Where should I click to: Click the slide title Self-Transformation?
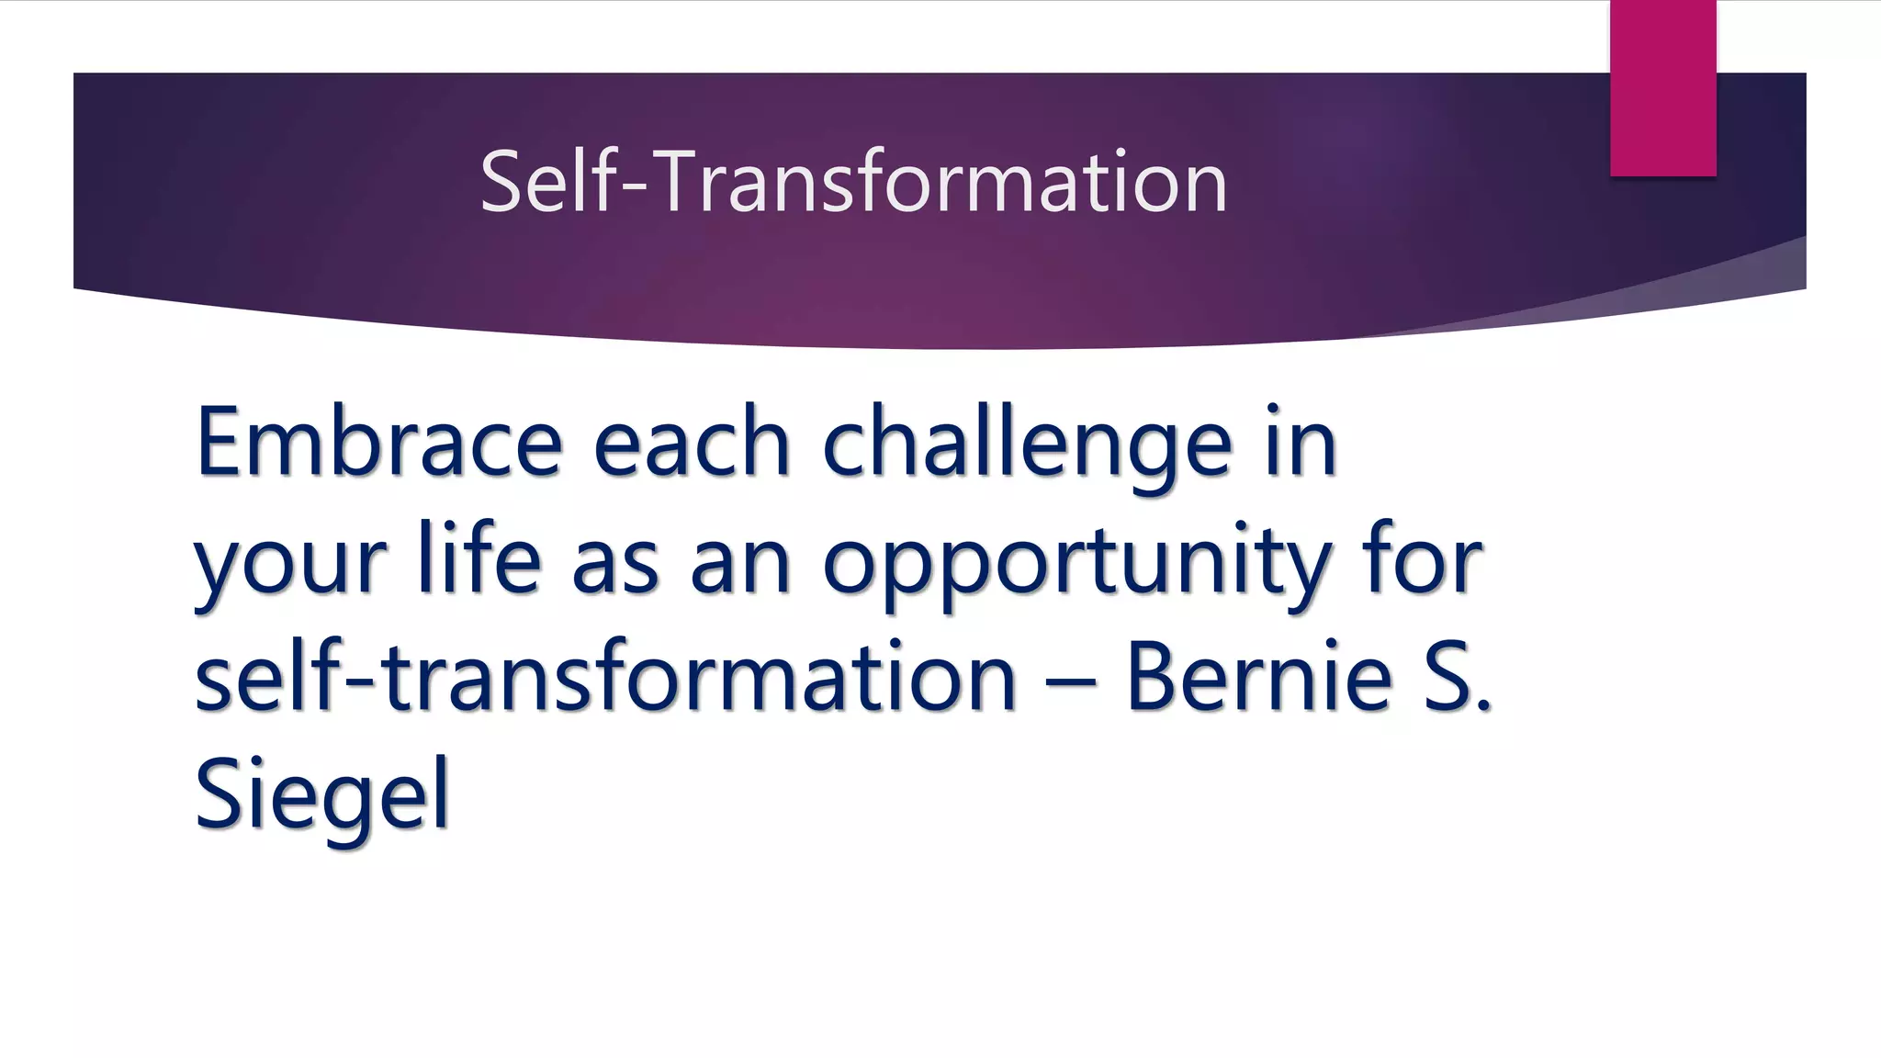point(853,182)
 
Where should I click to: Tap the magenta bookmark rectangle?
point(1662,88)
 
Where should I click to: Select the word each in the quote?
point(692,443)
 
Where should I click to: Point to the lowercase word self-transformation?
point(605,677)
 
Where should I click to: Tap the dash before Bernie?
point(1070,681)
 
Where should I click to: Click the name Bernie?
point(1259,677)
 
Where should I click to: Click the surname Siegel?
point(321,795)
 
